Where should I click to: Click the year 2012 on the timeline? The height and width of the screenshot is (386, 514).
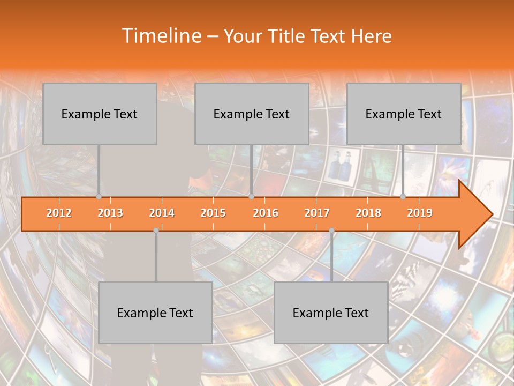[x=59, y=213]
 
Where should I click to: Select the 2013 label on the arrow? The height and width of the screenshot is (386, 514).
[x=110, y=213]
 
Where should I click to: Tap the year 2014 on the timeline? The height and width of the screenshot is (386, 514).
[x=162, y=213]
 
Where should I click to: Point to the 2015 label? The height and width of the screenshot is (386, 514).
[x=213, y=213]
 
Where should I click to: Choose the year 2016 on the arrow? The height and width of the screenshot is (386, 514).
[x=266, y=213]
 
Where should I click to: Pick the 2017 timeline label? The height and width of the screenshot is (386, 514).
[x=317, y=213]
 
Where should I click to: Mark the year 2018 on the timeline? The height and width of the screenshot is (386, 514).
[x=368, y=213]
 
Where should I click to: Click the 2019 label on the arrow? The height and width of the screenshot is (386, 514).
[x=420, y=213]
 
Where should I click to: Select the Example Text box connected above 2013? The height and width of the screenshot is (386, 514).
[x=100, y=114]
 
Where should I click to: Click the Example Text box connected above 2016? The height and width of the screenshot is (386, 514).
[x=252, y=114]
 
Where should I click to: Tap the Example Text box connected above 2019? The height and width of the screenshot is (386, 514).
[x=404, y=114]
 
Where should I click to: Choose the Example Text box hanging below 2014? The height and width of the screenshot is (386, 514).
[x=155, y=313]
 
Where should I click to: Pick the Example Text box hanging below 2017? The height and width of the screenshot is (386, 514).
[x=331, y=313]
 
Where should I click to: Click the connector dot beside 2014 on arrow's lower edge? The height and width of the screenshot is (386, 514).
[x=156, y=230]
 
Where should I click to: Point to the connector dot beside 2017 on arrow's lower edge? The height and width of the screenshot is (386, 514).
[x=331, y=230]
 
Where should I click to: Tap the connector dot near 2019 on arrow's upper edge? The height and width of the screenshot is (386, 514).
[x=403, y=196]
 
